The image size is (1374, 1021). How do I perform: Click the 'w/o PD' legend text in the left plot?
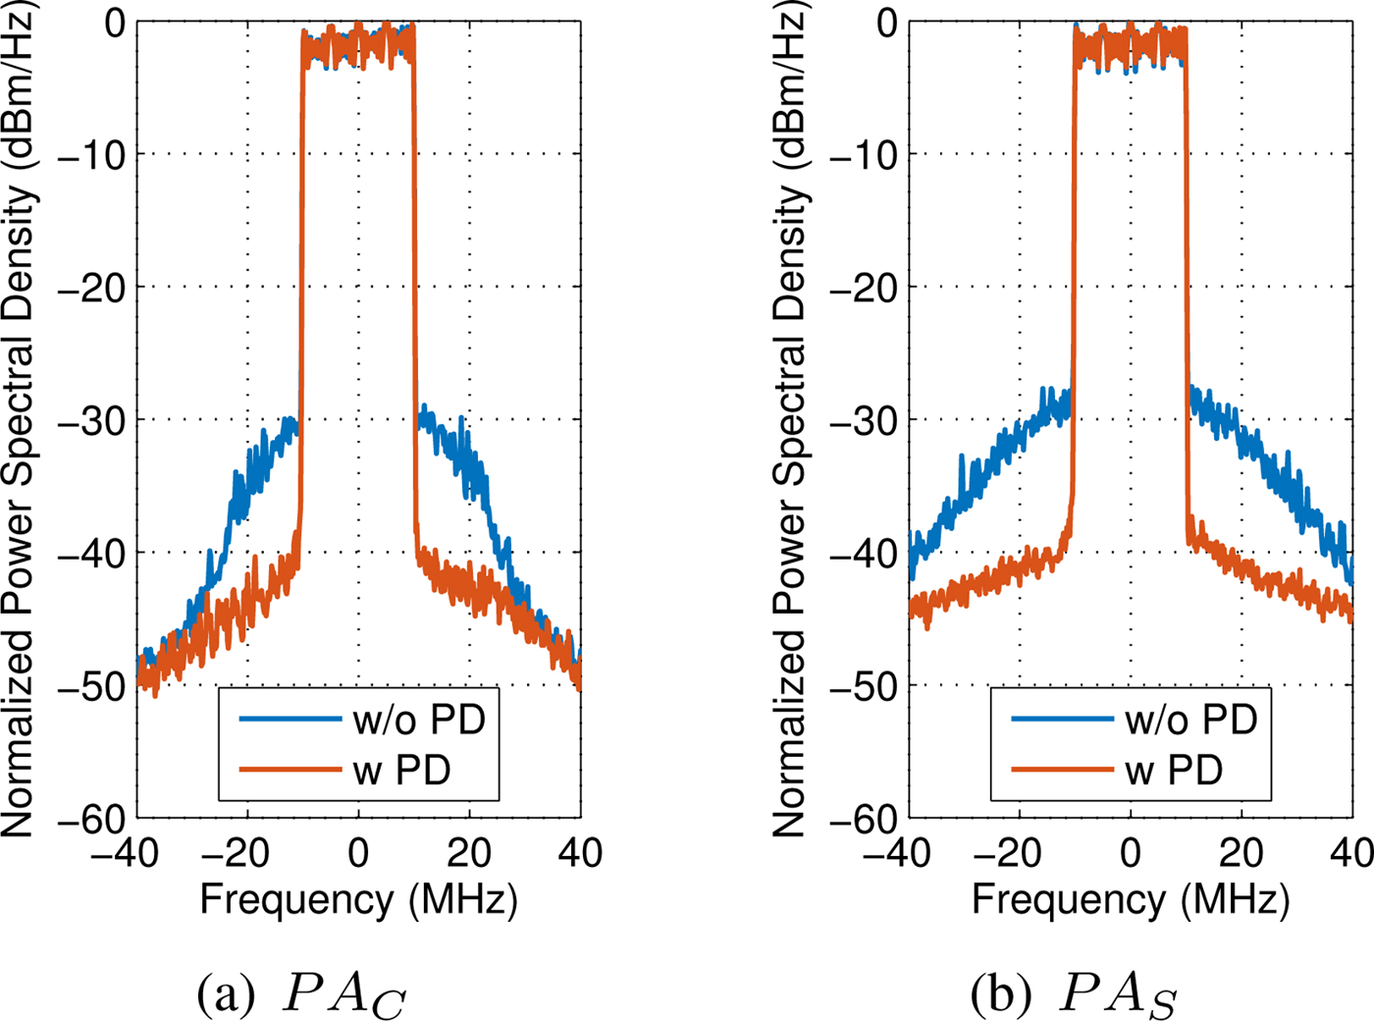(x=419, y=720)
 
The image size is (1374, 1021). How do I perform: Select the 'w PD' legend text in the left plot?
(x=401, y=771)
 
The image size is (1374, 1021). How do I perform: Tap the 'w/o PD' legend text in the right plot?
(x=1191, y=720)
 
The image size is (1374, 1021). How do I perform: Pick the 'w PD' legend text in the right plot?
(x=1174, y=771)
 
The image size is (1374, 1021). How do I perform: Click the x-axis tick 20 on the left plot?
(x=469, y=853)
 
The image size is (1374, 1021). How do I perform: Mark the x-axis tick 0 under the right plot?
(x=1131, y=853)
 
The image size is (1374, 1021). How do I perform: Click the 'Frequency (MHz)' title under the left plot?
(x=358, y=899)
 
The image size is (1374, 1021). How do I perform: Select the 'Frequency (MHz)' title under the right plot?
(x=1131, y=899)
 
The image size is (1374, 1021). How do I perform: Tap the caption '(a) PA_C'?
(x=301, y=994)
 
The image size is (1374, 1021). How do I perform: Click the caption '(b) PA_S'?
(x=1074, y=994)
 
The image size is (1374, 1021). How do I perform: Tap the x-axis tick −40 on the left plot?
(x=126, y=853)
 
